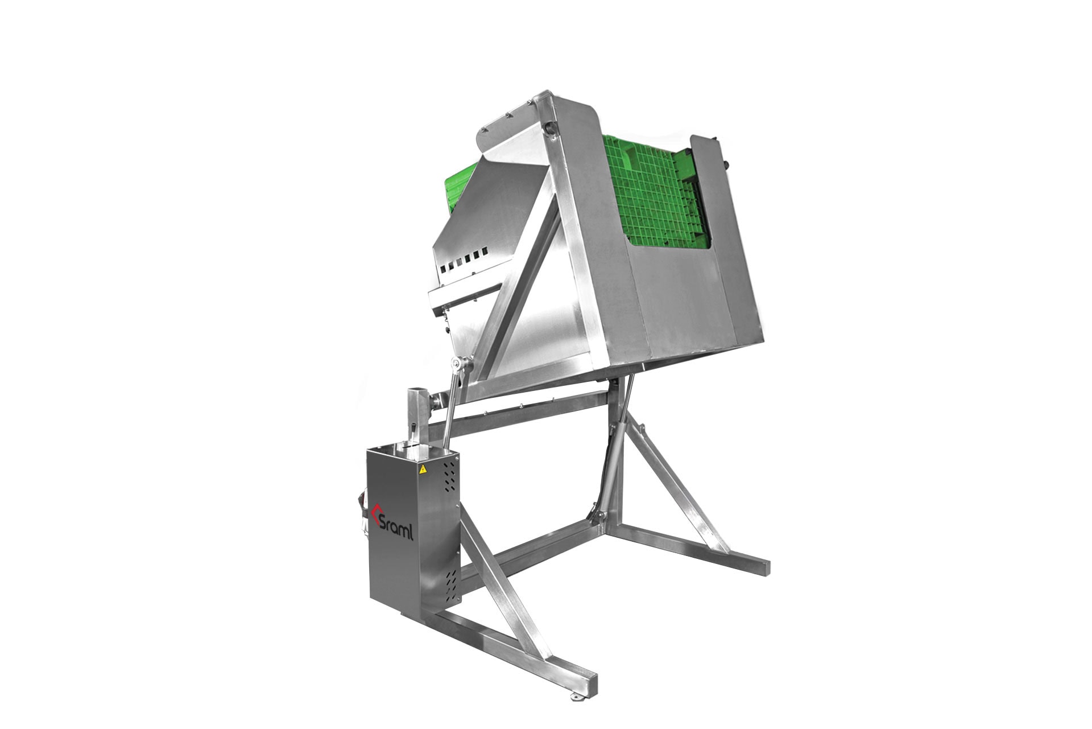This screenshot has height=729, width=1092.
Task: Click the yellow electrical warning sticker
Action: tap(423, 469)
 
